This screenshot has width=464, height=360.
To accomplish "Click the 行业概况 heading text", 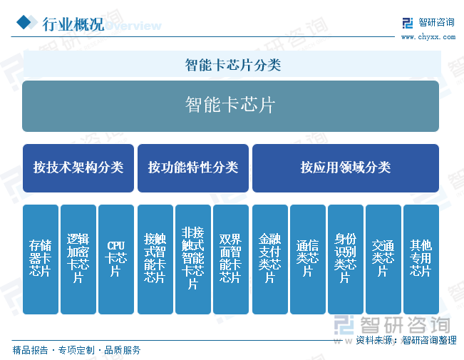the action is tap(73, 24).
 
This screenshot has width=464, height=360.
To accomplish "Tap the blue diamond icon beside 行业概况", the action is tap(24, 22).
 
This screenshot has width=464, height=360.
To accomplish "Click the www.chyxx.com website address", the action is tap(428, 37).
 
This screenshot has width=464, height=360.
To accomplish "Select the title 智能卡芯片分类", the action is tap(232, 65).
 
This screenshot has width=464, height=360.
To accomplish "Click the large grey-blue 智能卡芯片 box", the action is tap(230, 106).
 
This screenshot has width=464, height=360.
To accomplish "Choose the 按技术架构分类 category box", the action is tap(78, 168).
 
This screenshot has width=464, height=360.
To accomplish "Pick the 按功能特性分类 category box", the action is tap(193, 168).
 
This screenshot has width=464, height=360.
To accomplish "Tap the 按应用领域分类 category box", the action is tap(346, 168).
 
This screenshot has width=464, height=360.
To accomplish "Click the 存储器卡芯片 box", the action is tap(41, 259).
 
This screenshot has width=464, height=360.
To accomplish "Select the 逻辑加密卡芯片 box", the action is tap(78, 259).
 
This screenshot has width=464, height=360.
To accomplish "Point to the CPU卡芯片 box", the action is tap(116, 259).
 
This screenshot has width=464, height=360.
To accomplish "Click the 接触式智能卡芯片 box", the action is tap(155, 259).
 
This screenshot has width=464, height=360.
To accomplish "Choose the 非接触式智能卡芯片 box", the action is tap(193, 259).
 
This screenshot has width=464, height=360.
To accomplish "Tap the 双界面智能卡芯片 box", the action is tap(231, 259).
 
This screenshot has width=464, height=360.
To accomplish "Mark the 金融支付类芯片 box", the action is tap(270, 259).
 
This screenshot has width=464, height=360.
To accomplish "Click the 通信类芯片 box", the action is tap(308, 259).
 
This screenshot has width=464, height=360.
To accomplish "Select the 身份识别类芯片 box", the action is tap(346, 259).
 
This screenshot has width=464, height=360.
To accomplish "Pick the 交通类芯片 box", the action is tap(383, 259).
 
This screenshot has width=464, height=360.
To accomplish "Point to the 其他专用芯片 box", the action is tap(421, 259).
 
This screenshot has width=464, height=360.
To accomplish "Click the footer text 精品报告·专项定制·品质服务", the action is tap(76, 350).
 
